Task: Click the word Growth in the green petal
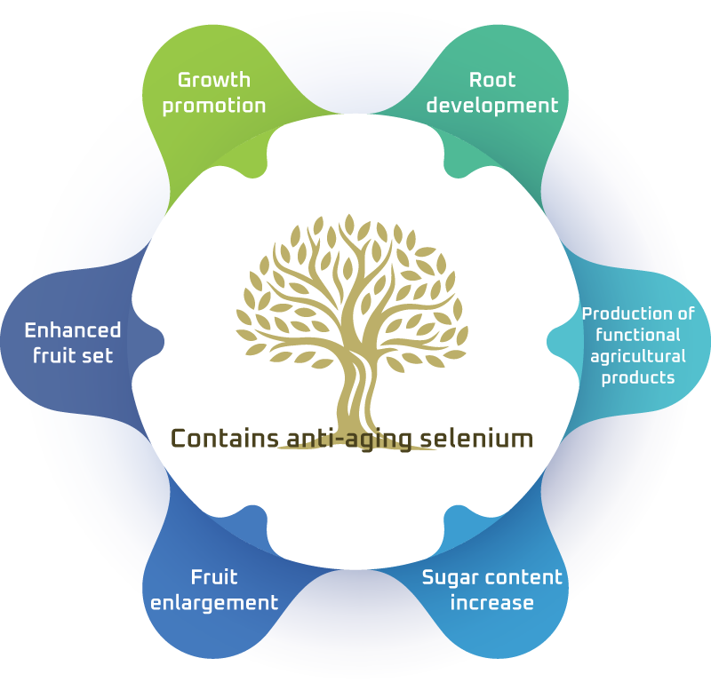tap(213, 80)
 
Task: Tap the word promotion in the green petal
tap(213, 106)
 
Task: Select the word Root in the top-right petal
tap(491, 80)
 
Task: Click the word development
tap(491, 106)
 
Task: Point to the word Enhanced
tap(72, 330)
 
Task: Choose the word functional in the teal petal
tap(638, 335)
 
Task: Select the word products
tap(638, 377)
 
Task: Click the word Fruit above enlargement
tap(214, 577)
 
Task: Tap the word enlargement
tap(214, 603)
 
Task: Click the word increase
tap(491, 603)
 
